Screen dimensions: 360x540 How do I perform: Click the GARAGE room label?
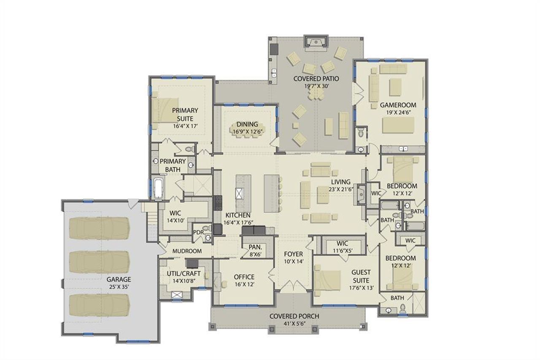[119, 279]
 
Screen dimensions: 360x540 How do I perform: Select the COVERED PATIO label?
[316, 78]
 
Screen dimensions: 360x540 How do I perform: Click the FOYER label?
[293, 254]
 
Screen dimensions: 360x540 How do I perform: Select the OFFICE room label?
[244, 277]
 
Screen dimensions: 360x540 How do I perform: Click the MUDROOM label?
[186, 251]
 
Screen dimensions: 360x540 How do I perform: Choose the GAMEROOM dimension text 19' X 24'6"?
[398, 113]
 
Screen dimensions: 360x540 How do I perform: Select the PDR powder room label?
[198, 233]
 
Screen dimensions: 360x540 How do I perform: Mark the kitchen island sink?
[240, 193]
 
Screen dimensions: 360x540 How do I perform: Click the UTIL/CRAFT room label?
[183, 273]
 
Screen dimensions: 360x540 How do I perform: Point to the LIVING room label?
[340, 182]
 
